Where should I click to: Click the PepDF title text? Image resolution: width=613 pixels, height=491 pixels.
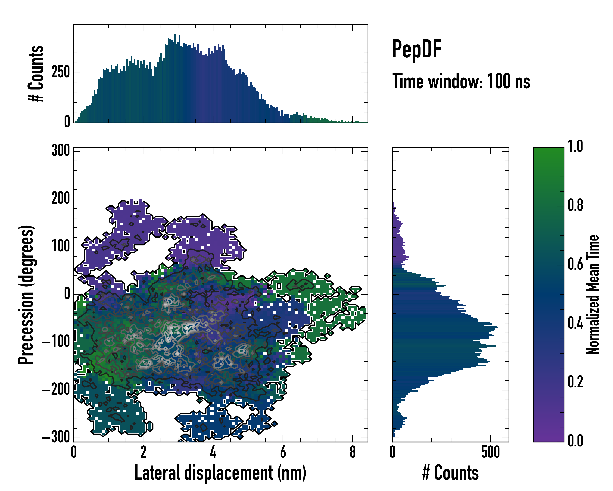416,49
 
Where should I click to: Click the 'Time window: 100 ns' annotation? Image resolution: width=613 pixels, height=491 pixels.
461,81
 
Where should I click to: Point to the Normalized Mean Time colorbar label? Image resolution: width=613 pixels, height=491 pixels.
593,295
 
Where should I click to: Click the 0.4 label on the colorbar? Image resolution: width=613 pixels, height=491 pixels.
575,323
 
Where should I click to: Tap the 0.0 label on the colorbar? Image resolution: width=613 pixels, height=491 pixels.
575,441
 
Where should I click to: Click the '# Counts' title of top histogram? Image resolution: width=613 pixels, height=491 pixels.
36,73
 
